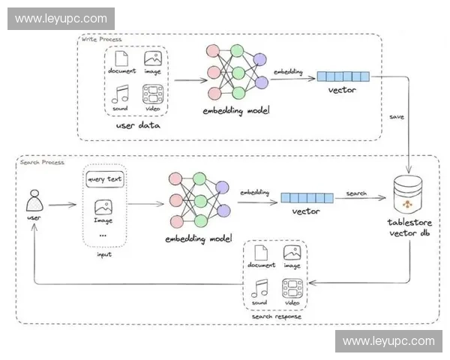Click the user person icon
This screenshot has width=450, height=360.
pos(33,201)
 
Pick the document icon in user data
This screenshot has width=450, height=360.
pos(121,58)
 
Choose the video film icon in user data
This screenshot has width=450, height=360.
pos(153,94)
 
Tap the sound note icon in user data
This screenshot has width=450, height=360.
pos(121,94)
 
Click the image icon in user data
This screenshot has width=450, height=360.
pos(153,58)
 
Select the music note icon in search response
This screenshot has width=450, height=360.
pos(259,287)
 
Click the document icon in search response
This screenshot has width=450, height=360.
pos(261,253)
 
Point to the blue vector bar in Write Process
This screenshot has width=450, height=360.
pos(343,76)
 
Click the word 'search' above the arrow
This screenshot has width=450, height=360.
pos(355,193)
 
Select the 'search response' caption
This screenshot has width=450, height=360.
pos(277,316)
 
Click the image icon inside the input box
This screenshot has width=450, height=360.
pos(104,208)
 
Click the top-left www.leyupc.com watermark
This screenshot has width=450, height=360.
pos(62,19)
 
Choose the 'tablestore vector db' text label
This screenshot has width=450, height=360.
pos(409,227)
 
